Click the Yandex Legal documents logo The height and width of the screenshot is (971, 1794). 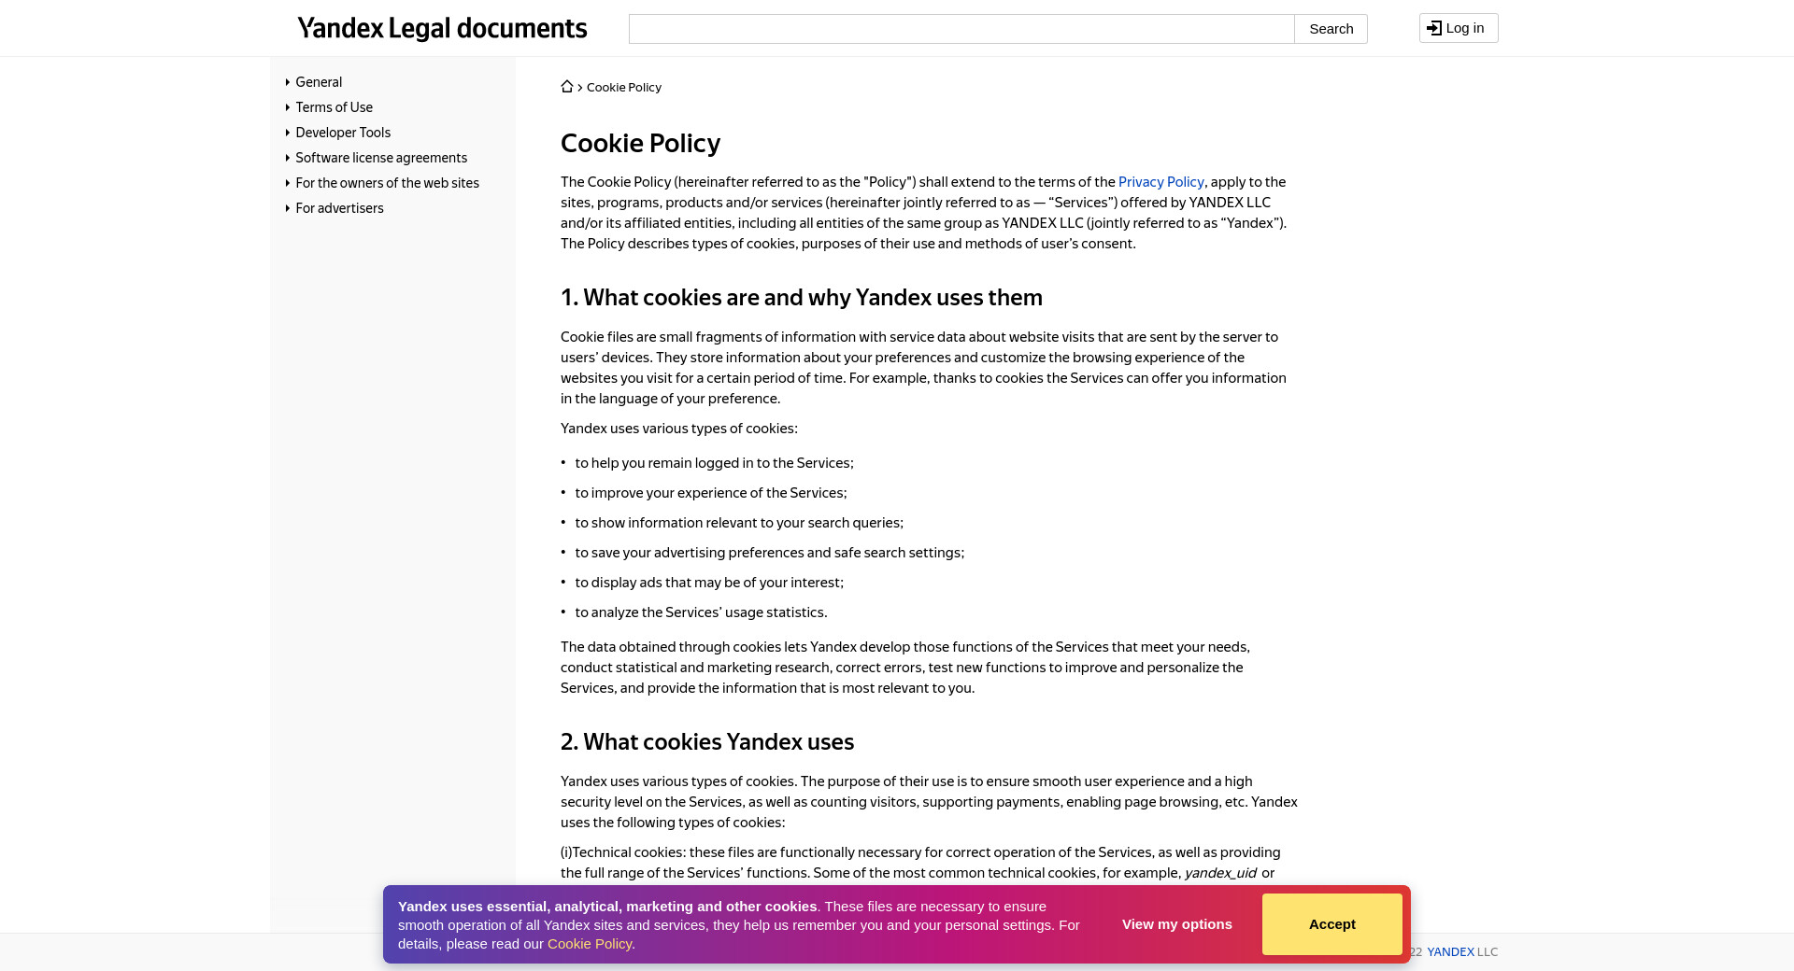click(442, 29)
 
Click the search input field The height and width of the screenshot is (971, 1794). click(961, 29)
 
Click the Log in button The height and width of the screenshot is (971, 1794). click(1458, 28)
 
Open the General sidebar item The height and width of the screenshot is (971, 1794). click(319, 82)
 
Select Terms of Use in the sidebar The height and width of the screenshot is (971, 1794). click(334, 107)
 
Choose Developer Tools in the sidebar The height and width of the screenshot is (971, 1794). click(343, 133)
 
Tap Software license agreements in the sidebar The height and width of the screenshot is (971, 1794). click(381, 158)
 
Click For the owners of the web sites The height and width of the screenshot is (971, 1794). click(387, 183)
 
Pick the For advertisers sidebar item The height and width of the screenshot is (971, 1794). click(339, 208)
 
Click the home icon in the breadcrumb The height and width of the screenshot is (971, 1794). click(567, 87)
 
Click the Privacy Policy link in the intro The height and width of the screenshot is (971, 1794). click(1160, 182)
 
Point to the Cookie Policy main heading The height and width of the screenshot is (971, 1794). click(640, 143)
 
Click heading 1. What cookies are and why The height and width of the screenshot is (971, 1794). click(801, 298)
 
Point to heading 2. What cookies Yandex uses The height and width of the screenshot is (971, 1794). click(706, 742)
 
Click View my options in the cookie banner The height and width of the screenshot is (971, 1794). click(1176, 924)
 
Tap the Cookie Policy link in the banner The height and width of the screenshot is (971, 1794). click(590, 944)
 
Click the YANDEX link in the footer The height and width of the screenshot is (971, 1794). click(1450, 952)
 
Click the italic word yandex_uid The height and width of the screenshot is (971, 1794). click(1220, 873)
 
